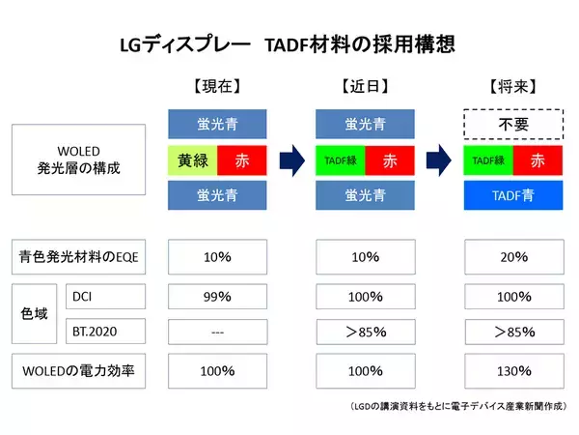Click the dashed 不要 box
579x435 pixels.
(514, 125)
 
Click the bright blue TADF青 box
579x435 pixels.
(514, 194)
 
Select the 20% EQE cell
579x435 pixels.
(514, 258)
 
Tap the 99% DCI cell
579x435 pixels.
(217, 296)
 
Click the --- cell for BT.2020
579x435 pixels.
(217, 333)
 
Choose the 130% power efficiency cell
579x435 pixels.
(514, 370)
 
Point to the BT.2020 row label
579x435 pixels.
(105, 333)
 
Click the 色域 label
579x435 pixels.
(33, 314)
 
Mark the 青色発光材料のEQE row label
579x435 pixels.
(78, 258)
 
